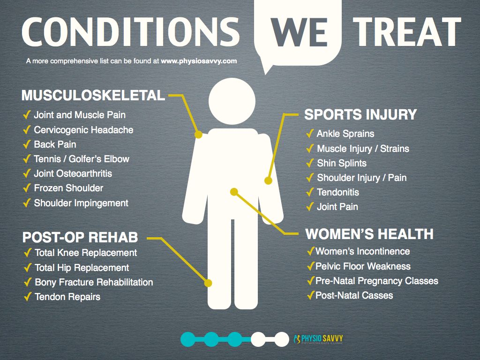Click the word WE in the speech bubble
[299, 33]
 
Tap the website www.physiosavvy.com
[199, 61]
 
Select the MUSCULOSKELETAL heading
[93, 95]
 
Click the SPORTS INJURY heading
[360, 114]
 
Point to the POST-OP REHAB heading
[80, 237]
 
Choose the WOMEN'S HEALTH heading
[369, 234]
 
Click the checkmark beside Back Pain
[27, 144]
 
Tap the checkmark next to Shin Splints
[310, 163]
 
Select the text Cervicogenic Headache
[83, 130]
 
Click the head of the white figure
[232, 101]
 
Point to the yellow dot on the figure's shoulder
[198, 135]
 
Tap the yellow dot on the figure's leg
[208, 283]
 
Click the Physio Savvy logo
[318, 339]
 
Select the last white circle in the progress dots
[282, 339]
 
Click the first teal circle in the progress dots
[188, 339]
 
